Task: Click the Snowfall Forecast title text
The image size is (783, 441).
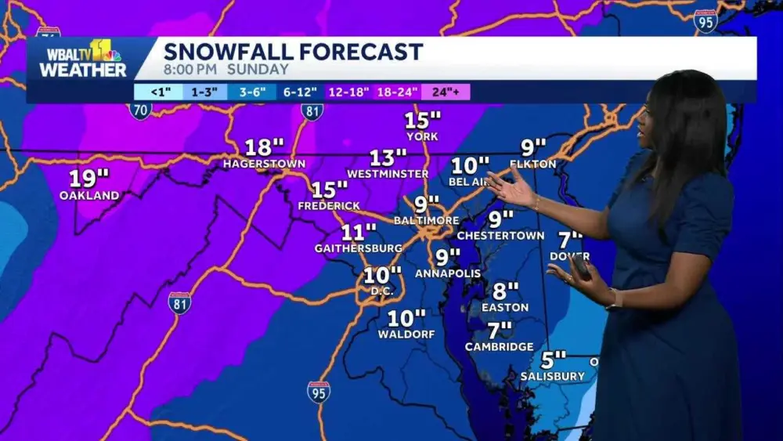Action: [x=293, y=52]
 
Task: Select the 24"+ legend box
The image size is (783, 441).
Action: [x=446, y=92]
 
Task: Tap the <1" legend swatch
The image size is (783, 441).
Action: [x=157, y=92]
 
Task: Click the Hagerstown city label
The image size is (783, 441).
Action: [x=264, y=164]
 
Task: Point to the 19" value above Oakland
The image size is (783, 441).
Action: [x=89, y=178]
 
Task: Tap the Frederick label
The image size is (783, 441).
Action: [x=329, y=205]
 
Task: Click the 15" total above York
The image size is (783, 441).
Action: [x=422, y=121]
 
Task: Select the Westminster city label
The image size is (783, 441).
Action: [x=388, y=173]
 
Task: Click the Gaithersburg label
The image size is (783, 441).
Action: [x=359, y=248]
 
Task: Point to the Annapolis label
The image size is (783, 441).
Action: [x=448, y=273]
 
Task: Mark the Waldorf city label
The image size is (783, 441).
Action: [x=406, y=334]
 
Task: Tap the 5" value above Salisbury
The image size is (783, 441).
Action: [x=553, y=360]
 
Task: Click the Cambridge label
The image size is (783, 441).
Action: [x=499, y=346]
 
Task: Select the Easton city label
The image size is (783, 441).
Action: [x=505, y=307]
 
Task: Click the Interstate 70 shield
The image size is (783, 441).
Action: [x=141, y=110]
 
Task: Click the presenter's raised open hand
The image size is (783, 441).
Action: [x=509, y=188]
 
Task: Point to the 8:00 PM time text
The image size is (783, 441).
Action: [x=191, y=69]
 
